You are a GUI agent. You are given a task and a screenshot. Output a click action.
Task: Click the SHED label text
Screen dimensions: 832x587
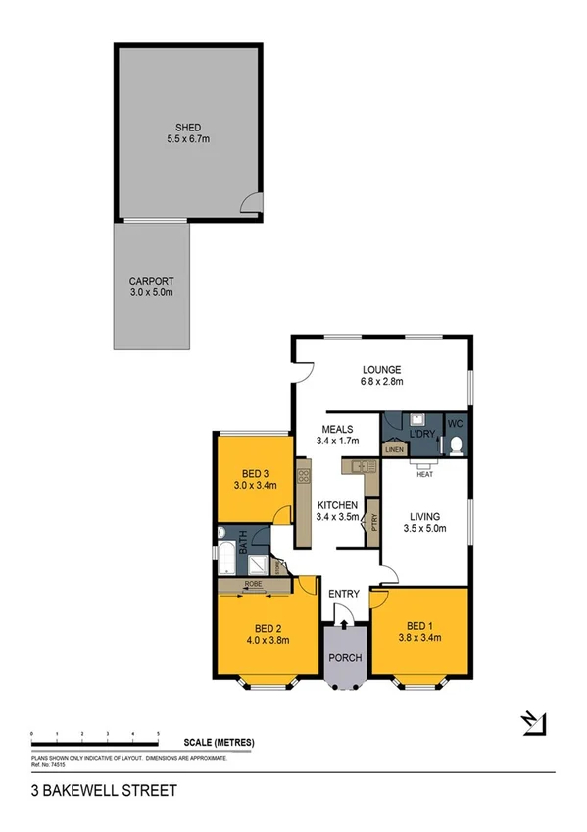(187, 128)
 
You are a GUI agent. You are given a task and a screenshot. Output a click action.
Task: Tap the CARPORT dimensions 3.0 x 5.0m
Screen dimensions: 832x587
(151, 292)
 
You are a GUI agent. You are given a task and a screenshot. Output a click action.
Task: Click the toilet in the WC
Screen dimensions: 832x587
(455, 446)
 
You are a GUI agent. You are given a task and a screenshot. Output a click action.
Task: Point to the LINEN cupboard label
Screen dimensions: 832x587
(394, 450)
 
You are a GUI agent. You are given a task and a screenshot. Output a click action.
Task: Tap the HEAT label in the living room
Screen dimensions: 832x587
(424, 475)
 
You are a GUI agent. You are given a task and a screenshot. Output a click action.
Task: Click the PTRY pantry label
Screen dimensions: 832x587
(374, 522)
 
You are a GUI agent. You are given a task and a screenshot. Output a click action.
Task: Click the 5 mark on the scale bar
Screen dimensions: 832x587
(159, 734)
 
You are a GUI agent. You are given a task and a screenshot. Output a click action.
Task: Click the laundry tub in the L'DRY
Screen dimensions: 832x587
(416, 418)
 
